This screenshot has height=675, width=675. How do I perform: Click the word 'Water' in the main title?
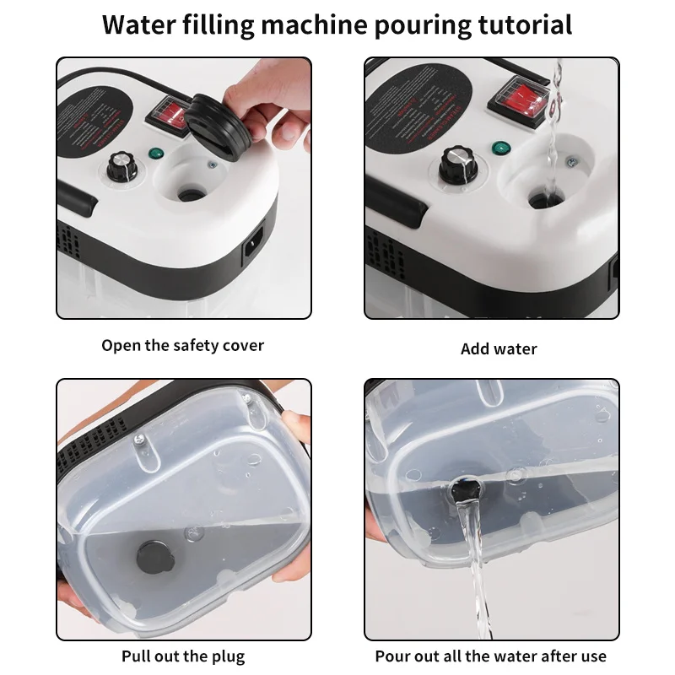(139, 24)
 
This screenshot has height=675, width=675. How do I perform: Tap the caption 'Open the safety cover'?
(183, 345)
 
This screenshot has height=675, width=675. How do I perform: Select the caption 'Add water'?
(499, 348)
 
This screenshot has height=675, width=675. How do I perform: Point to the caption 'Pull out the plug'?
(183, 656)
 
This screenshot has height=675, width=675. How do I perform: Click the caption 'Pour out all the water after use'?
(491, 656)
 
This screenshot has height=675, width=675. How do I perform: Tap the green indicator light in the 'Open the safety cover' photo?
(155, 154)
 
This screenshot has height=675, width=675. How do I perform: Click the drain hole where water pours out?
(465, 488)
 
